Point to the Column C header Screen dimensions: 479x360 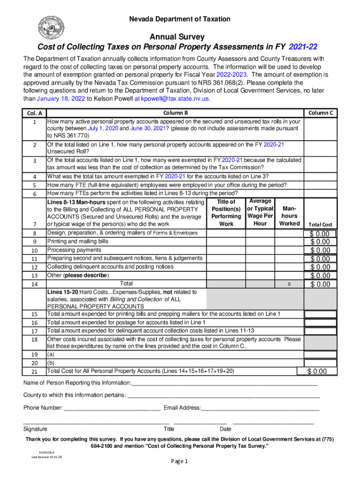320,113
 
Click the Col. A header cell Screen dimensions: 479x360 34,113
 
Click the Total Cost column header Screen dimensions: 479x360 320,225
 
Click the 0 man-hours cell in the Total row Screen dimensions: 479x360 289,284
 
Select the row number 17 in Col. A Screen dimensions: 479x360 34,332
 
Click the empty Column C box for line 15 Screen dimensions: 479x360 320,314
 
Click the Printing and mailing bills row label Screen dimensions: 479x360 78,241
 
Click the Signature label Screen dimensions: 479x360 35,429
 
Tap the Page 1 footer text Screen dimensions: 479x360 180,461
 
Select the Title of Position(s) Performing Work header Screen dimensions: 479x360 226,213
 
